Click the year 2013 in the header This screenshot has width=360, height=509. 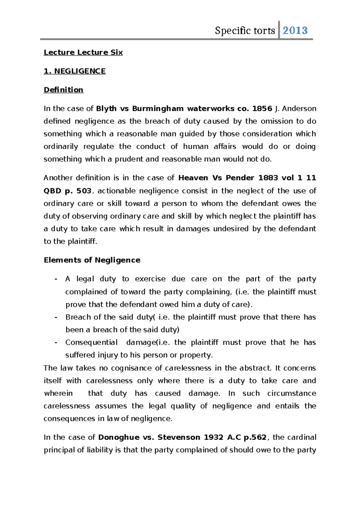pos(295,30)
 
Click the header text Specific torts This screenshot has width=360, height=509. pos(245,31)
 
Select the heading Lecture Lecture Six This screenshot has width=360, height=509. pos(83,53)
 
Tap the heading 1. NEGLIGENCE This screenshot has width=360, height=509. pos(74,71)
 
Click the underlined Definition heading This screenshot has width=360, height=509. pos(63,90)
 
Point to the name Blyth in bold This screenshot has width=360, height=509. pos(106,109)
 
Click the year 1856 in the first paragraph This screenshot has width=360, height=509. pos(262,109)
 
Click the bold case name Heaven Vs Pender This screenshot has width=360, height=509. pos(216,178)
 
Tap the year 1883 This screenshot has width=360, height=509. pos(268,178)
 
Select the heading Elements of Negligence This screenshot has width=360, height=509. pos(92,260)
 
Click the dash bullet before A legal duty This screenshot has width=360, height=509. pos(56,279)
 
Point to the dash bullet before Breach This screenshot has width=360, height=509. pos(56,317)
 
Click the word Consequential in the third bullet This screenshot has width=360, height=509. pos(91,342)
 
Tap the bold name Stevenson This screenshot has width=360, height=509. pos(178,437)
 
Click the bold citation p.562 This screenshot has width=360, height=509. pos(255,437)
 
